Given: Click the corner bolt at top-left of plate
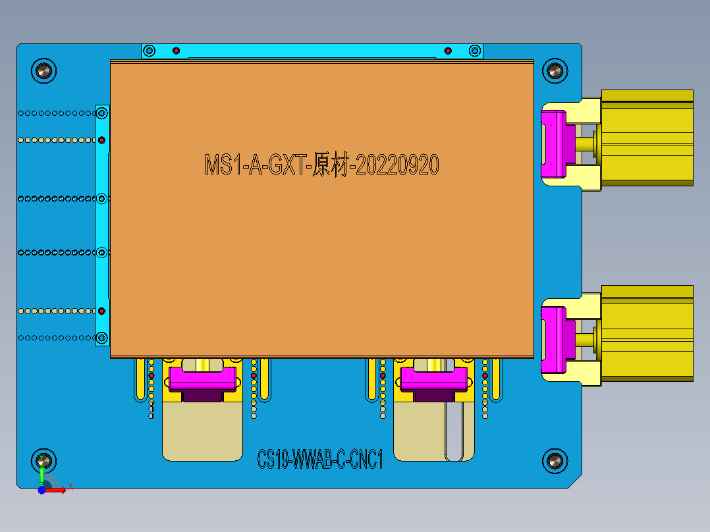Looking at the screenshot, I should pos(44,70).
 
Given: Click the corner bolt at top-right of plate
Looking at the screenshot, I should pos(554,70).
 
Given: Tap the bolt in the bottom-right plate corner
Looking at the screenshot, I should pos(554,462).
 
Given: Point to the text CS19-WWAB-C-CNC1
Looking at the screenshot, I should pos(320,459).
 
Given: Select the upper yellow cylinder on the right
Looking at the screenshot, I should pos(647,138).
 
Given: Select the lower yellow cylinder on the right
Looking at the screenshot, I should pos(647,333).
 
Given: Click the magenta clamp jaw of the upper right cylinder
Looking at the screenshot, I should pos(553,144).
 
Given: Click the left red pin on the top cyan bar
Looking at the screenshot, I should pos(176,51).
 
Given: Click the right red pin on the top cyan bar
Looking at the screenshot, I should pos(448,51).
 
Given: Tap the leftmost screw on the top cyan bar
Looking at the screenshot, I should pos(150,51).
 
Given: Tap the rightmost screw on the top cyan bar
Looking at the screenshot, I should pos(474,51).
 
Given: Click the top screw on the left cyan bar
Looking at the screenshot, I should pos(101,114).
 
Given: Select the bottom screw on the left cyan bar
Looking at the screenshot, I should pos(101,338).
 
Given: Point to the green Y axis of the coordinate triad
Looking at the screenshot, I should pos(41,471).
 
